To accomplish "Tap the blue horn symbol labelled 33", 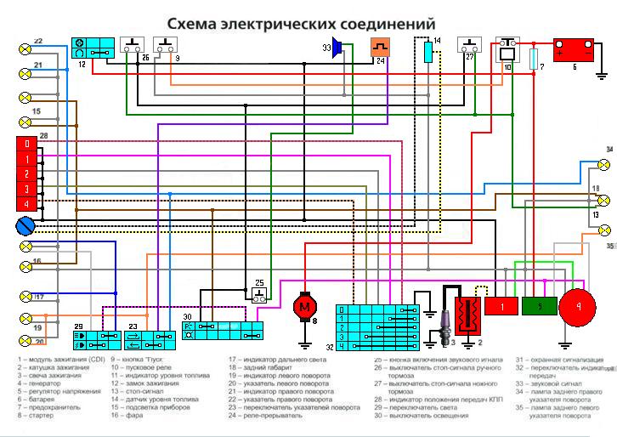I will tap(337, 48).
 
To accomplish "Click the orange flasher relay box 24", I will tap(380, 49).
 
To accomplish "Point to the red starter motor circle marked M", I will tap(303, 305).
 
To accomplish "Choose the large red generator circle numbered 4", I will tap(579, 307).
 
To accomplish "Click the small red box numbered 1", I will tap(501, 305).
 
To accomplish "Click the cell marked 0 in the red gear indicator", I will tap(27, 144).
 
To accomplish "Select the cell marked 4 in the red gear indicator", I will tap(27, 204).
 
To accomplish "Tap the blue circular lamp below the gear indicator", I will tap(25, 224).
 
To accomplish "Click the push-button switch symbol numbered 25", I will tap(260, 294).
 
